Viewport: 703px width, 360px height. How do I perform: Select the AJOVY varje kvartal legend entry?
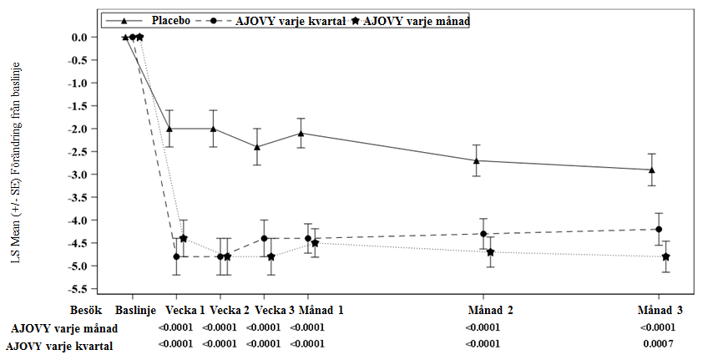pyautogui.click(x=291, y=19)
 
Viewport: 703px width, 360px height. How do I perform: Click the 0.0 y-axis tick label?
pyautogui.click(x=78, y=37)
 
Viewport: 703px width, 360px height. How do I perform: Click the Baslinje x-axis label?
pyautogui.click(x=135, y=310)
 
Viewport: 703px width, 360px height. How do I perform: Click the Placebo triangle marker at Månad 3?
pyautogui.click(x=651, y=170)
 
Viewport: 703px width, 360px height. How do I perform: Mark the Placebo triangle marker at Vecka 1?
pyautogui.click(x=169, y=129)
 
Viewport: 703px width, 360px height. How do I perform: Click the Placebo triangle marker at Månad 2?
pyautogui.click(x=475, y=160)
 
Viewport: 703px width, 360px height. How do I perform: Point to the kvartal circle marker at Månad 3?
pyautogui.click(x=659, y=230)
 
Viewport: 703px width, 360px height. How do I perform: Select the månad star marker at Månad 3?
pyautogui.click(x=665, y=256)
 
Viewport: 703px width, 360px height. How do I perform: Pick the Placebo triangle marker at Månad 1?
pyautogui.click(x=301, y=133)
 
